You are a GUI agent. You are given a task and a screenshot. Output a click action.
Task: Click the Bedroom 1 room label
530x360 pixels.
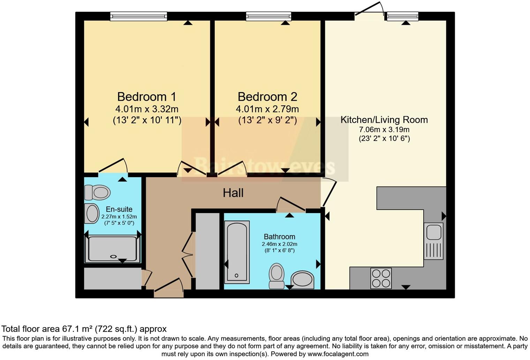pyautogui.click(x=147, y=97)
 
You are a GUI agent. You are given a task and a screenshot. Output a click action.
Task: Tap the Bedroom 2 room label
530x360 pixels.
pyautogui.click(x=267, y=97)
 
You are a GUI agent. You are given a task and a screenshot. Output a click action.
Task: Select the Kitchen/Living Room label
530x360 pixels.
pyautogui.click(x=384, y=120)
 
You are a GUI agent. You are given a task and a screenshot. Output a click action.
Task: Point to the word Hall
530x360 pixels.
pyautogui.click(x=233, y=193)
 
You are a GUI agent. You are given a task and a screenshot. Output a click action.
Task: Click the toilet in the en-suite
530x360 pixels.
pyautogui.click(x=98, y=193)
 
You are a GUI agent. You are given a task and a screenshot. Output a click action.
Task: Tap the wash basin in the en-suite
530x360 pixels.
pyautogui.click(x=92, y=213)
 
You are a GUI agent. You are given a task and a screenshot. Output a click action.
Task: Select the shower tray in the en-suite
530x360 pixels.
pyautogui.click(x=113, y=249)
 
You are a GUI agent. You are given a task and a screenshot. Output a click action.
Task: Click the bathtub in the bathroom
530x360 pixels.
pyautogui.click(x=237, y=252)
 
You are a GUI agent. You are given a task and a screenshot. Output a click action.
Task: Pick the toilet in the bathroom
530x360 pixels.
pyautogui.click(x=277, y=276)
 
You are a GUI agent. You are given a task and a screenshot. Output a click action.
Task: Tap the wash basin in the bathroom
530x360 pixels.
pyautogui.click(x=302, y=280)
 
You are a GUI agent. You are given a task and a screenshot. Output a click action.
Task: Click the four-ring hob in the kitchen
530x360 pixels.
pyautogui.click(x=381, y=278)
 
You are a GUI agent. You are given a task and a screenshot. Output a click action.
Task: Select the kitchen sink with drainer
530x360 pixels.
pyautogui.click(x=433, y=241)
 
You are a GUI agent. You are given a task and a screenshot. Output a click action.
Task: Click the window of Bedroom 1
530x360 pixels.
pyautogui.click(x=139, y=16)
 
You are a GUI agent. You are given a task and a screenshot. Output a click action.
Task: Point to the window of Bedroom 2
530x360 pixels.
pyautogui.click(x=268, y=16)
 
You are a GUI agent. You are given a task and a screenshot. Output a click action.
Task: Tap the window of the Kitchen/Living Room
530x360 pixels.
pyautogui.click(x=403, y=16)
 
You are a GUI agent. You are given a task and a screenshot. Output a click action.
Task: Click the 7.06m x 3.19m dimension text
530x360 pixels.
pyautogui.click(x=384, y=130)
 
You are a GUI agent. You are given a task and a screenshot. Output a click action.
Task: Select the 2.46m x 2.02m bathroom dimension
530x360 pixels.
pyautogui.click(x=279, y=244)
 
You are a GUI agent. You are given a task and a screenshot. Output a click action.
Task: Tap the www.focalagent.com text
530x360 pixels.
pyautogui.click(x=338, y=354)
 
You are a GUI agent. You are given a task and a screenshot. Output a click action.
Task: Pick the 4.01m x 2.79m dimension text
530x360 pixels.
pyautogui.click(x=267, y=109)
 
